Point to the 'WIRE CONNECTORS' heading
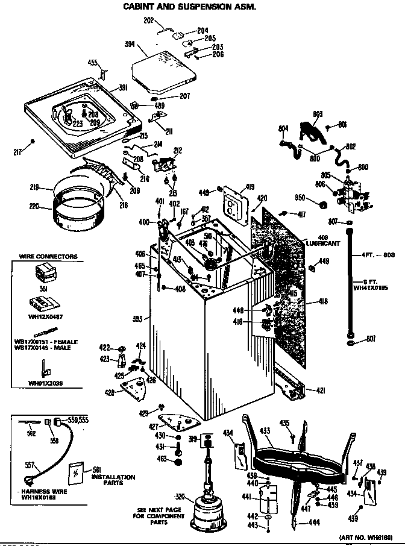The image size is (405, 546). (x=48, y=257)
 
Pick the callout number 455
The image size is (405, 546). (x=93, y=62)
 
